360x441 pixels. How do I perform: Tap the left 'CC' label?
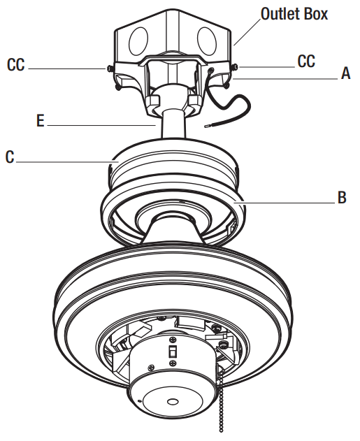17,65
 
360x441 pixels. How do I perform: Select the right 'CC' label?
306,62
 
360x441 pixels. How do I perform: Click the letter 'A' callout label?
345,73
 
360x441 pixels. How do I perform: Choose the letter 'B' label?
342,198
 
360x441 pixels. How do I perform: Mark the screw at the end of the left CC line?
110,68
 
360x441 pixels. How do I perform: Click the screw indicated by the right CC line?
234,67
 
